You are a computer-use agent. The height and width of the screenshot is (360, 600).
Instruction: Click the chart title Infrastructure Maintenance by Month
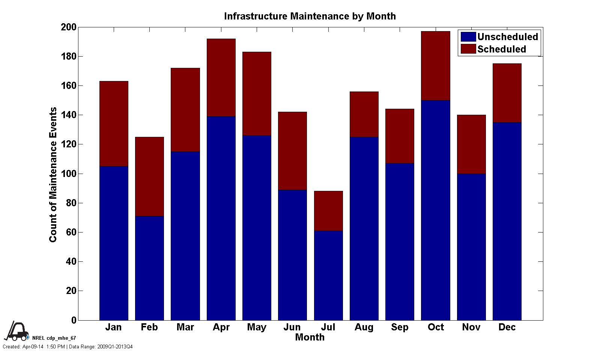(310, 16)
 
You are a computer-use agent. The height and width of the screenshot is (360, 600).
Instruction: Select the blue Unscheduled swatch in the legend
(468, 37)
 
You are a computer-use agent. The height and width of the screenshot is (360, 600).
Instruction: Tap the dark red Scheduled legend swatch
(468, 49)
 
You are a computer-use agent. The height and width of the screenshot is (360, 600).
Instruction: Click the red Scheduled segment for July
(328, 211)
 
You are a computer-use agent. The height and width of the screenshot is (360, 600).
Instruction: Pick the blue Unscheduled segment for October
(436, 210)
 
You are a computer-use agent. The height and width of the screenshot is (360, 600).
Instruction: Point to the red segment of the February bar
(149, 176)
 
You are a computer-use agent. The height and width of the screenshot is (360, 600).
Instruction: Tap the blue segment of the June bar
(292, 255)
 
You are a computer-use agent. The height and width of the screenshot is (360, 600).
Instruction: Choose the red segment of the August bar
(364, 114)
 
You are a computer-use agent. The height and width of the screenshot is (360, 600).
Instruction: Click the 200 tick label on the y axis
(68, 27)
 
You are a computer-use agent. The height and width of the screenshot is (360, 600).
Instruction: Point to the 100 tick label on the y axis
(68, 174)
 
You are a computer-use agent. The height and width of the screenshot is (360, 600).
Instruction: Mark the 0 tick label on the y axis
(74, 321)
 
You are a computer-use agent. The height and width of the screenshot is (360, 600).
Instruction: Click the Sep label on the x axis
(400, 327)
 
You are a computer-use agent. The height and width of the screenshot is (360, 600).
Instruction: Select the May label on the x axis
(257, 327)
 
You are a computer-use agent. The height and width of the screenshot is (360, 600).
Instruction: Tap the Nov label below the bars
(471, 327)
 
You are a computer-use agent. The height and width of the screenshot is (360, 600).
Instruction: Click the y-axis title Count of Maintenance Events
(53, 174)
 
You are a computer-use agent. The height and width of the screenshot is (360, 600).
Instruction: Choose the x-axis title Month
(310, 337)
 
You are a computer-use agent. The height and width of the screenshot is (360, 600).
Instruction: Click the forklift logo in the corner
(16, 331)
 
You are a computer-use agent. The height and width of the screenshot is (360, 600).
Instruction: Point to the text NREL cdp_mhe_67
(54, 338)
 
